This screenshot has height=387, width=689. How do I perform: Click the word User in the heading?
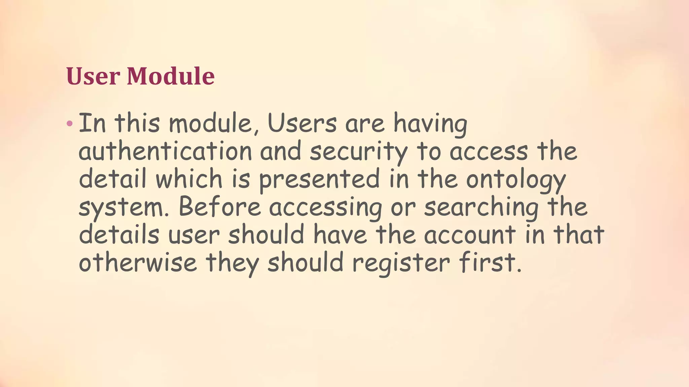[x=93, y=76]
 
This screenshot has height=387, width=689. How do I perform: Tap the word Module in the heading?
[x=171, y=76]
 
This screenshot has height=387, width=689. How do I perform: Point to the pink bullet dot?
[x=70, y=123]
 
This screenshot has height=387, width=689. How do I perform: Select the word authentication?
[x=165, y=152]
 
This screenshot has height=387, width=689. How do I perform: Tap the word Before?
[x=220, y=207]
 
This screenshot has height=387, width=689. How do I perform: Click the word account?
[x=470, y=234]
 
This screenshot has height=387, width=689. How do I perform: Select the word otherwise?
[x=138, y=262]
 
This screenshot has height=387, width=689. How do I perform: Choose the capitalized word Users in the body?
[x=302, y=123]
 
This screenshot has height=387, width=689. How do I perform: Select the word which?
[x=189, y=179]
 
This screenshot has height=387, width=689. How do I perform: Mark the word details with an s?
[x=119, y=234]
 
